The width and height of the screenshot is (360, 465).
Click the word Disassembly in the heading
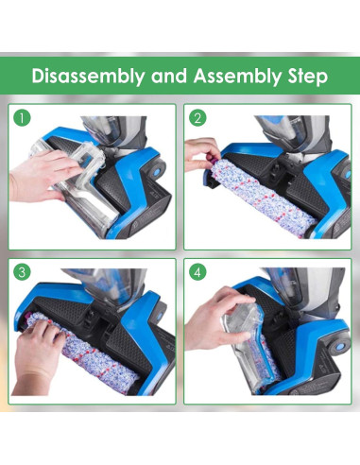coord(88,77)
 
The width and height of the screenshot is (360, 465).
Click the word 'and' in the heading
coord(169,77)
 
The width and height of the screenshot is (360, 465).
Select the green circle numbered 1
coord(22,118)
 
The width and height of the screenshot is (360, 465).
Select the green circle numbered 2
coord(197,118)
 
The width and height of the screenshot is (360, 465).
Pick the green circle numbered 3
coord(22,272)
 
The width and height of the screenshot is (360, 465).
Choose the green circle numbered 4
coord(197,272)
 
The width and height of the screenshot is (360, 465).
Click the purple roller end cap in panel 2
coord(215,158)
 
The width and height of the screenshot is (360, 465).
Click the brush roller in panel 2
coord(262,196)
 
